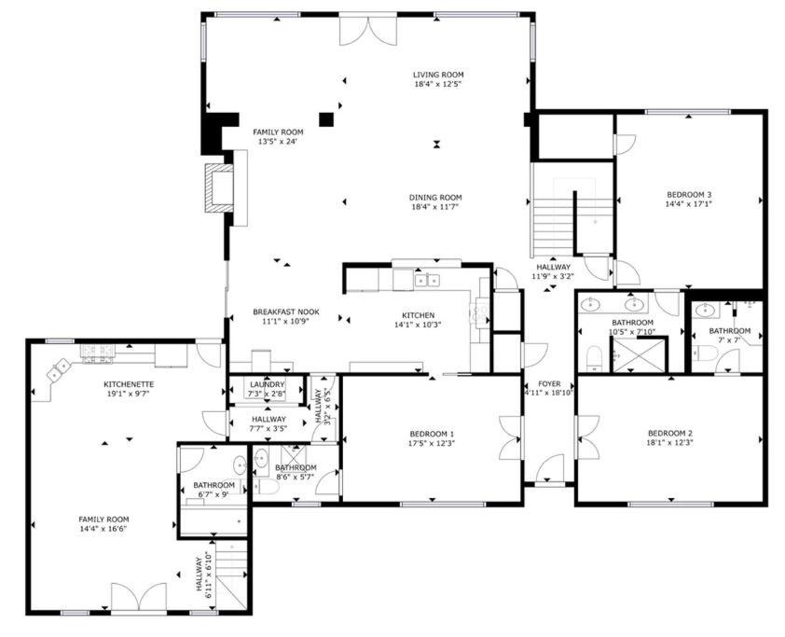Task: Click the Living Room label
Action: click(438, 75)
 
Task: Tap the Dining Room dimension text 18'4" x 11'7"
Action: click(435, 206)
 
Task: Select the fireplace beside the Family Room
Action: click(219, 187)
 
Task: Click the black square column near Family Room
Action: click(326, 119)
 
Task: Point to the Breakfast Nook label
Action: click(286, 312)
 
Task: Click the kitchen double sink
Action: click(427, 280)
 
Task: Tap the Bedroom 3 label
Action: click(689, 194)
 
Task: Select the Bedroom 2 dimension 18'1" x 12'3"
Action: click(669, 442)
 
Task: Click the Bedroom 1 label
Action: click(432, 433)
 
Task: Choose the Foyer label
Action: click(549, 383)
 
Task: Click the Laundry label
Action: click(267, 384)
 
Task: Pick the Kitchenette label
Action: click(129, 384)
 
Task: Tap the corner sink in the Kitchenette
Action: click(59, 369)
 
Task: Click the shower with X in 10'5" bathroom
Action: click(640, 355)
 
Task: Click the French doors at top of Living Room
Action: click(368, 31)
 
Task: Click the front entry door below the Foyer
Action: click(550, 468)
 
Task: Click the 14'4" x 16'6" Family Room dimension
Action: click(103, 528)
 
